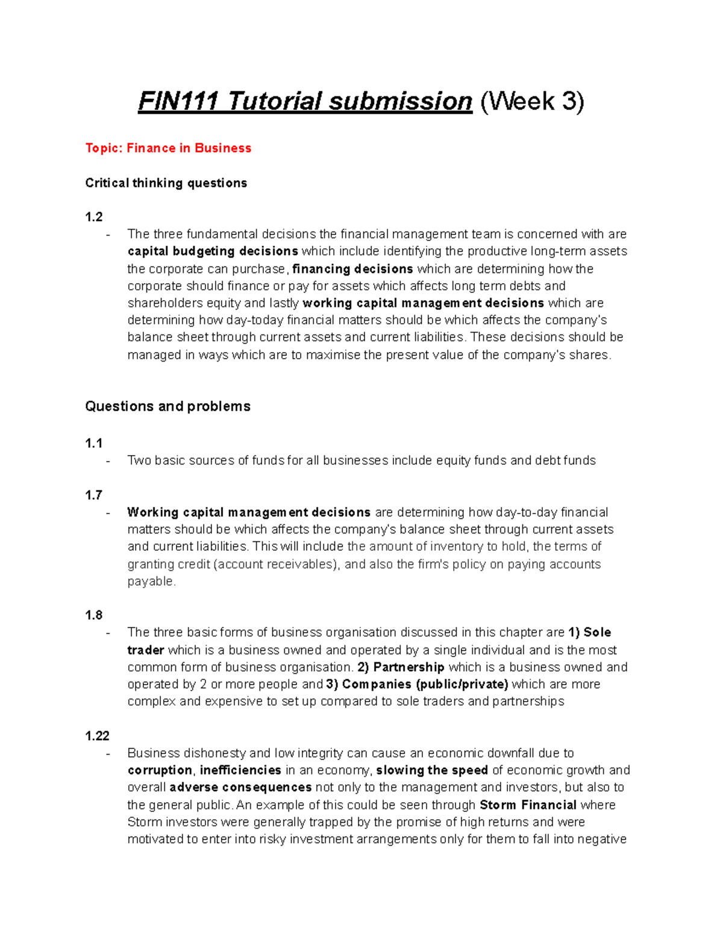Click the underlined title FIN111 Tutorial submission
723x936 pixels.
[305, 101]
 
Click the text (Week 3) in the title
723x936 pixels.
[532, 101]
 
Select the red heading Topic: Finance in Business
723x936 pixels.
[168, 148]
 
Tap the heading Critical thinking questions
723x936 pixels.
[166, 183]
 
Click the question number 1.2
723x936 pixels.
[94, 217]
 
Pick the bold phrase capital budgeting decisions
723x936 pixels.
[213, 251]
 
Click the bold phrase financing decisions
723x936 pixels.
[352, 269]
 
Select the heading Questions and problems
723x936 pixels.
[167, 406]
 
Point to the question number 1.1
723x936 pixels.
[94, 444]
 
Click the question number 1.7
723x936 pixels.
[94, 495]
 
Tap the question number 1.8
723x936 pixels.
[94, 615]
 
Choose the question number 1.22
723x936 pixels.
[97, 736]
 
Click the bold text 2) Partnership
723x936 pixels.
[401, 667]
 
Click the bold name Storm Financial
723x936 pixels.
[528, 805]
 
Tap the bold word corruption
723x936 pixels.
[160, 770]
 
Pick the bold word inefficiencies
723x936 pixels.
[240, 770]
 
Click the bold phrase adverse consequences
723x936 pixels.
[240, 788]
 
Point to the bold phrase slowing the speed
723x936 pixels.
[432, 770]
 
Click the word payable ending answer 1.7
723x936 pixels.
[151, 582]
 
